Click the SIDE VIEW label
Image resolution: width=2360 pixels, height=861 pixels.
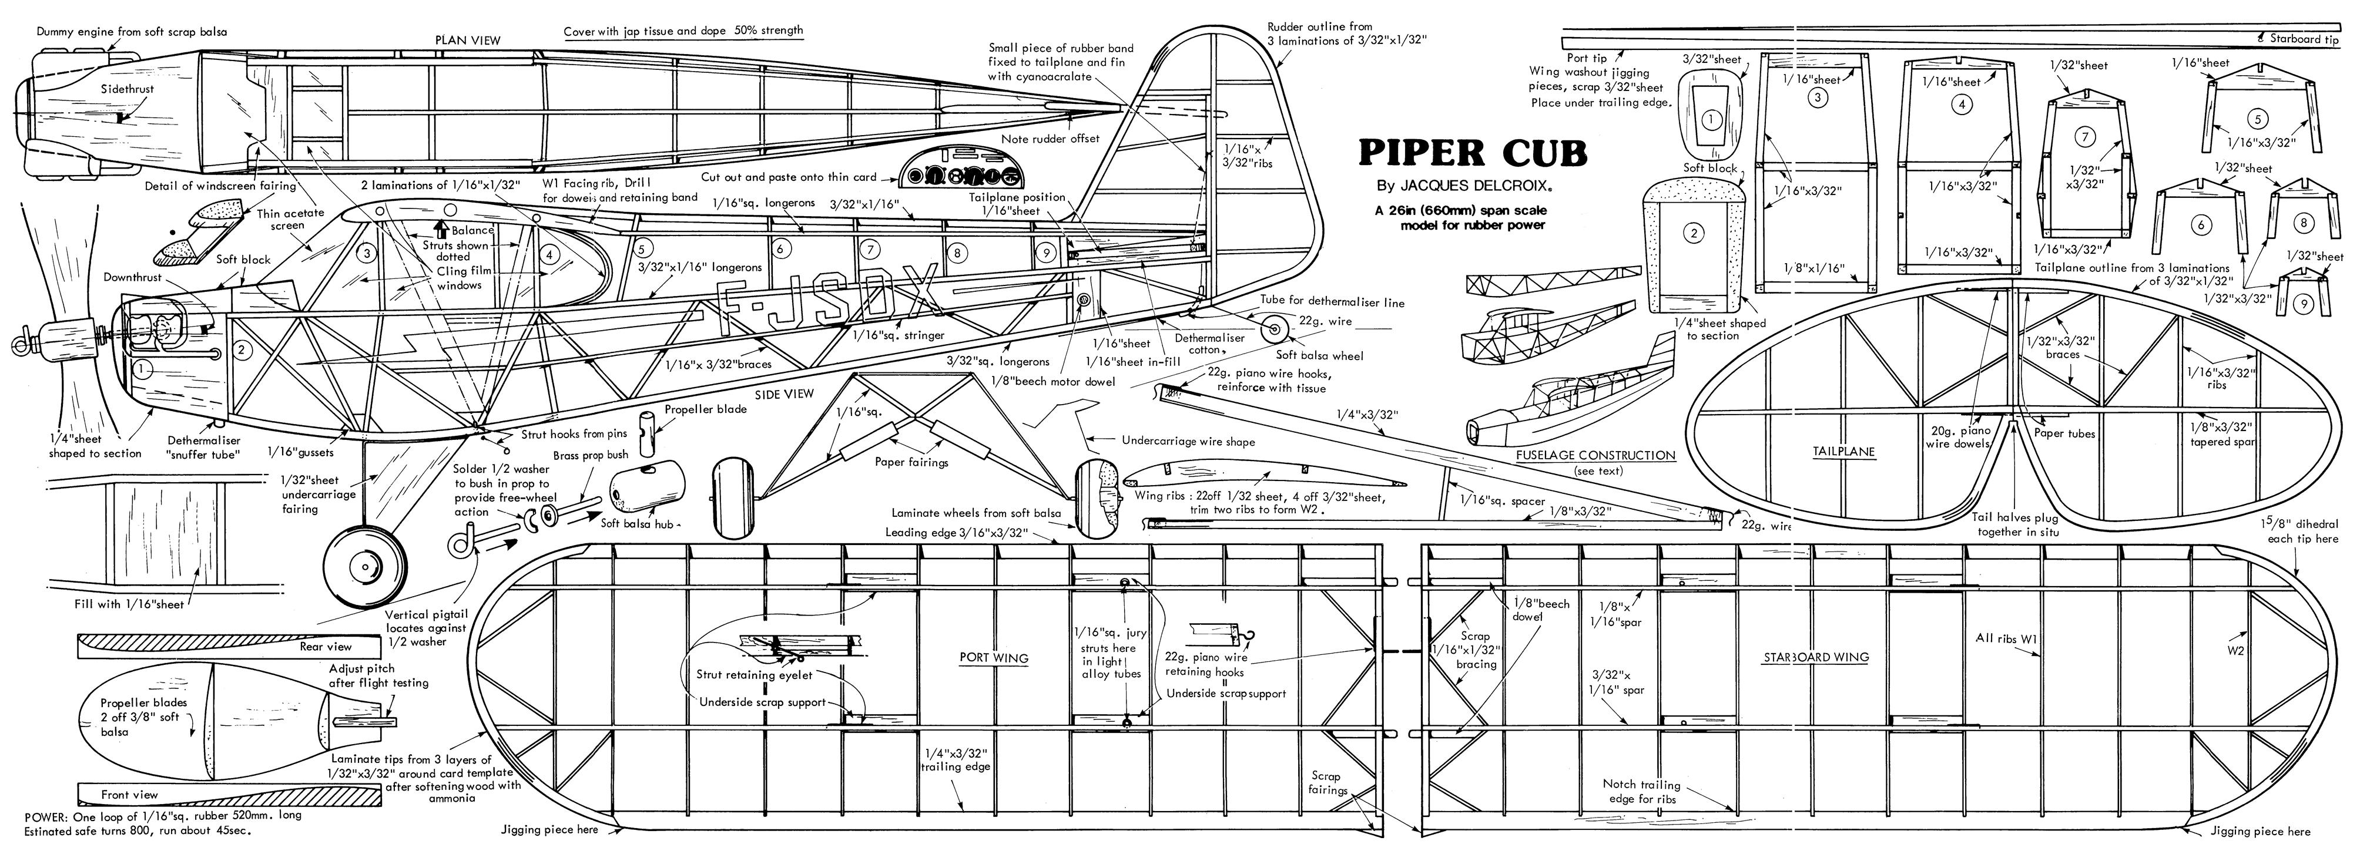785,394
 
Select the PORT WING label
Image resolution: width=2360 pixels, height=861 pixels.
994,658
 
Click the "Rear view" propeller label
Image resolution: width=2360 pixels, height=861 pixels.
325,647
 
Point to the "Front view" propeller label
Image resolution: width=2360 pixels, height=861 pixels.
129,795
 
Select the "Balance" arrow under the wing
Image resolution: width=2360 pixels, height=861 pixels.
444,229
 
